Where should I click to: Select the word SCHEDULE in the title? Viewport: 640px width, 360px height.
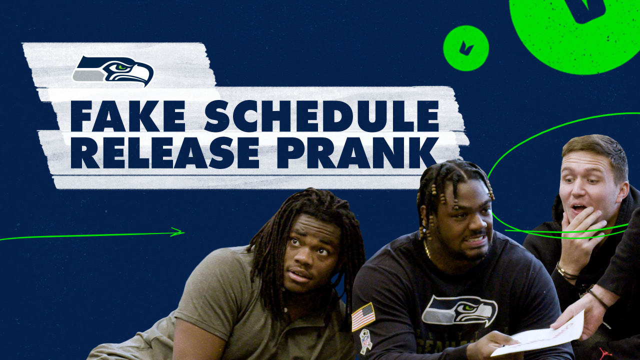321,116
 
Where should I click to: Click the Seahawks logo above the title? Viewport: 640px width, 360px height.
113,70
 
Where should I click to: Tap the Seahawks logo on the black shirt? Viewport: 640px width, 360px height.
459,310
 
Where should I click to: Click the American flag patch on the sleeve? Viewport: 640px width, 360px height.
363,316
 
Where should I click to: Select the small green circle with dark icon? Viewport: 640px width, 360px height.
465,48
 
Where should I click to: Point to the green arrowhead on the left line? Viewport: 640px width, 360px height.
177,232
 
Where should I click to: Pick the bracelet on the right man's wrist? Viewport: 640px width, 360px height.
566,273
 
